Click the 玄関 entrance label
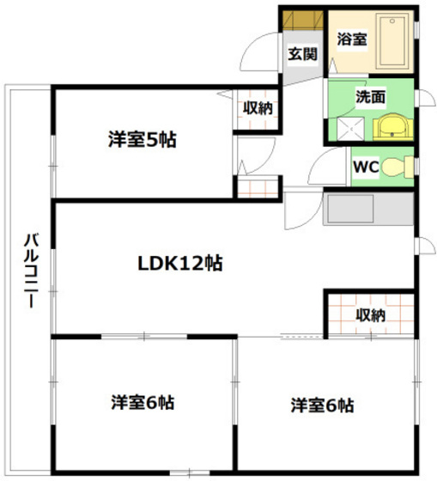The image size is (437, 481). tap(302, 54)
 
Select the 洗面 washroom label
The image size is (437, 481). tap(371, 96)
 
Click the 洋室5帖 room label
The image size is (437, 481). tap(143, 138)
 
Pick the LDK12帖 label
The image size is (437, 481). tap(180, 263)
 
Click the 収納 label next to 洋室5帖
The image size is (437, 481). tap(257, 108)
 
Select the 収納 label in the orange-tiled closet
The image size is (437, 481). tap(370, 315)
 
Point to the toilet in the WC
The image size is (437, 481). tap(396, 167)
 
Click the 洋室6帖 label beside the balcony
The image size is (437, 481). tap(143, 401)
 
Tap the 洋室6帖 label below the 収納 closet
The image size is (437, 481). tap(322, 405)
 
